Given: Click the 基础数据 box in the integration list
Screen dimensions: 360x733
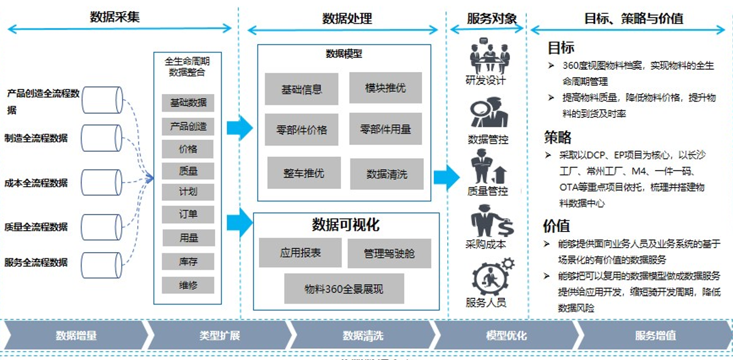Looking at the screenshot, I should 187,103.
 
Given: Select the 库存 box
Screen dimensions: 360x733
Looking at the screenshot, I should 187,261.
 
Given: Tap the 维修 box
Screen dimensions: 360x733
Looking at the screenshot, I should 187,285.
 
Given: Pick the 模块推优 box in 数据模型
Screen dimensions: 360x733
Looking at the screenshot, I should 385,88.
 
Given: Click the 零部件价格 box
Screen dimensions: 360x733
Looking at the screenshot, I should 302,130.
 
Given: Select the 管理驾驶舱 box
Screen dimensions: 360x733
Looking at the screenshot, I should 389,253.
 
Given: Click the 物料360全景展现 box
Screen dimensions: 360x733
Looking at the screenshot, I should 344,289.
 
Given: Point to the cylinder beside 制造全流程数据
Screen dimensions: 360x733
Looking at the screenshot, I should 102,138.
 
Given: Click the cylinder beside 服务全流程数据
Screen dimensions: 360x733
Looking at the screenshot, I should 102,263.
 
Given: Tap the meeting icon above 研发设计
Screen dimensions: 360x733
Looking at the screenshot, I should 489,56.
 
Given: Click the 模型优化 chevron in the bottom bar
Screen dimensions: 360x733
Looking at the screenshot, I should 506,336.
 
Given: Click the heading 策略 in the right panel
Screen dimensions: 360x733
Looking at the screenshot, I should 557,137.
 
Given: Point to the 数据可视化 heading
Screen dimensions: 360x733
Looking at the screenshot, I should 345,225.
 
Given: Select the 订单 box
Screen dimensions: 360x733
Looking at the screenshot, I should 187,214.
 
